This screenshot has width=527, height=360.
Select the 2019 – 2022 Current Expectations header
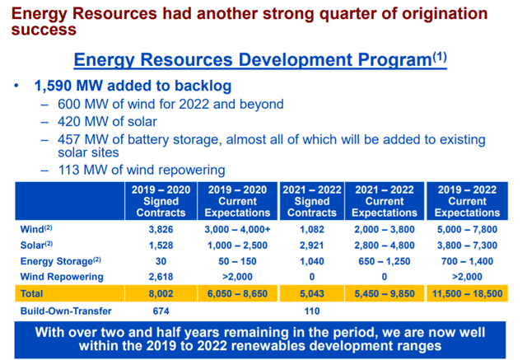point(467,201)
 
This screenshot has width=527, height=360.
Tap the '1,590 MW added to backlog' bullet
point(132,86)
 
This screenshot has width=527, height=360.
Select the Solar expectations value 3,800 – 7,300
point(467,244)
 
